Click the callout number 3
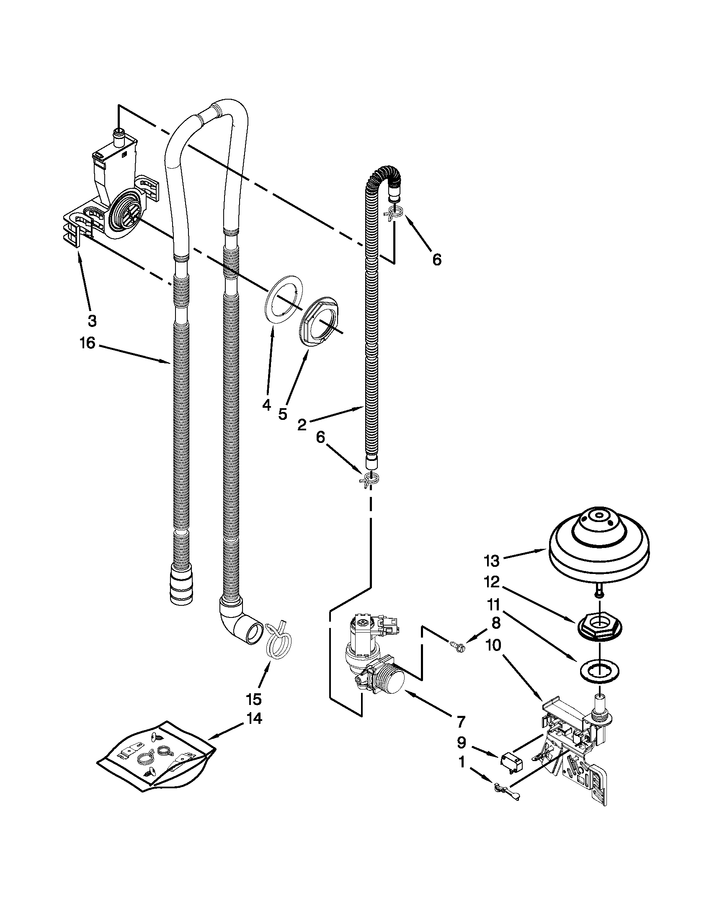92,321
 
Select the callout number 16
88,343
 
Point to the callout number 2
302,424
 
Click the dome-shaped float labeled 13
599,546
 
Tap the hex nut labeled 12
599,630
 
